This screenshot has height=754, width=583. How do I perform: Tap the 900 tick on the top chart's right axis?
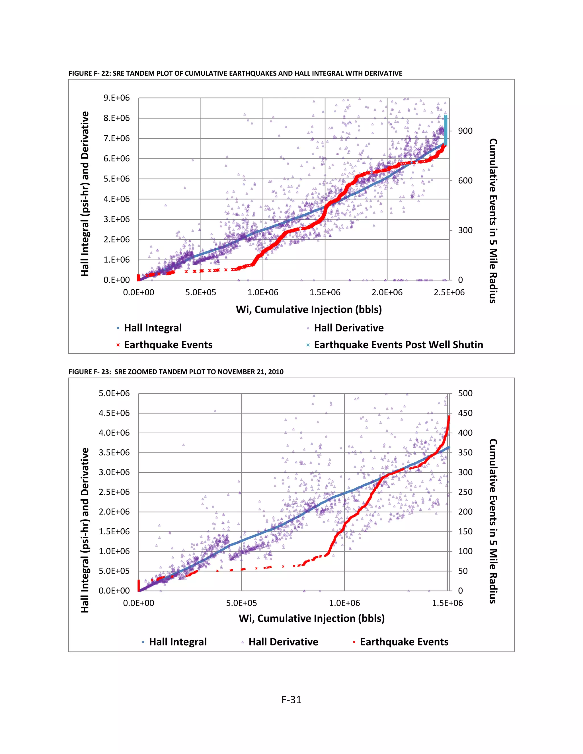click(x=465, y=131)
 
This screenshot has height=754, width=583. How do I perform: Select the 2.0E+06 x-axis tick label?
click(x=387, y=292)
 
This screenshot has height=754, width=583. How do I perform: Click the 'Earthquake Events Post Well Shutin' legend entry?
click(x=398, y=345)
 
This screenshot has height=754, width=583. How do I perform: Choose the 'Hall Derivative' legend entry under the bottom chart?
click(x=283, y=642)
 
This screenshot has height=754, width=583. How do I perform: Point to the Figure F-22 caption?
click(x=235, y=73)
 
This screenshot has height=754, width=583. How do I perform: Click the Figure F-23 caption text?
click(x=176, y=372)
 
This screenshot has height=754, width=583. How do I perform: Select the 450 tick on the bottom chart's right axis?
click(x=465, y=413)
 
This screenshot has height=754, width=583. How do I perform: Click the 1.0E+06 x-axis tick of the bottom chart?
click(x=344, y=603)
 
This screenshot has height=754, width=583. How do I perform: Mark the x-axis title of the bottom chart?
click(x=311, y=618)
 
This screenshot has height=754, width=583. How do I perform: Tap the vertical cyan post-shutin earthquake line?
click(x=446, y=131)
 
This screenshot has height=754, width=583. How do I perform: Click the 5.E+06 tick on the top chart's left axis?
click(x=116, y=179)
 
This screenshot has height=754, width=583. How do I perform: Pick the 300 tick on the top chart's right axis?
click(x=465, y=230)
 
